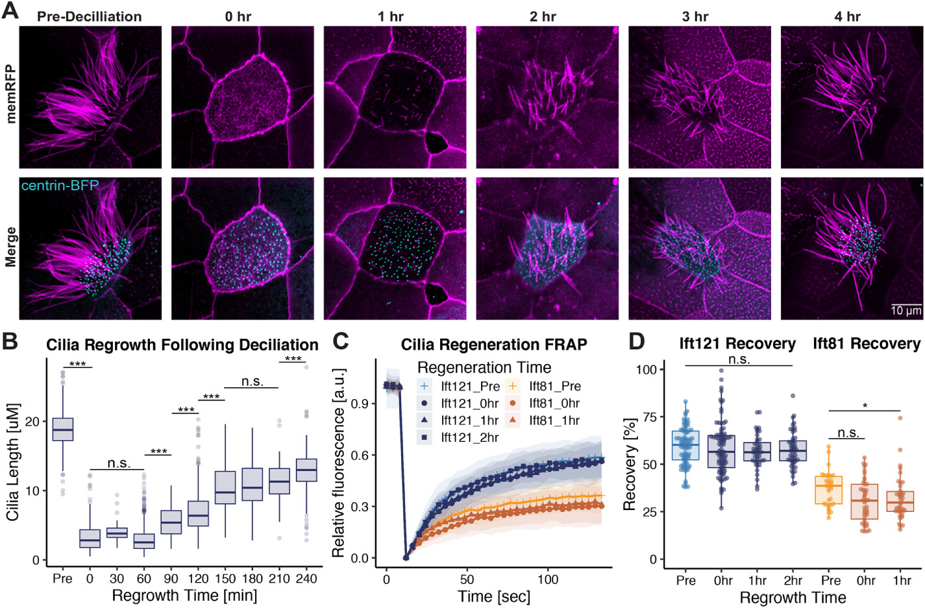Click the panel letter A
point(10,11)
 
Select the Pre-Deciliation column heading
point(89,17)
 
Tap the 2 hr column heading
point(543,17)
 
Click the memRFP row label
point(10,94)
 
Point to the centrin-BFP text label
point(60,186)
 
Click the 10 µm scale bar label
point(906,311)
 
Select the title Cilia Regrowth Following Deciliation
point(182,345)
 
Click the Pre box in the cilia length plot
point(62,430)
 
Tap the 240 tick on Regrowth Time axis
point(306,579)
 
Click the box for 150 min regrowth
point(225,487)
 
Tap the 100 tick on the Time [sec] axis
point(548,579)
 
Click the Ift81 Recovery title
point(867,344)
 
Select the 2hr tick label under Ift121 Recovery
point(793,581)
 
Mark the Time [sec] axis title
point(494,596)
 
